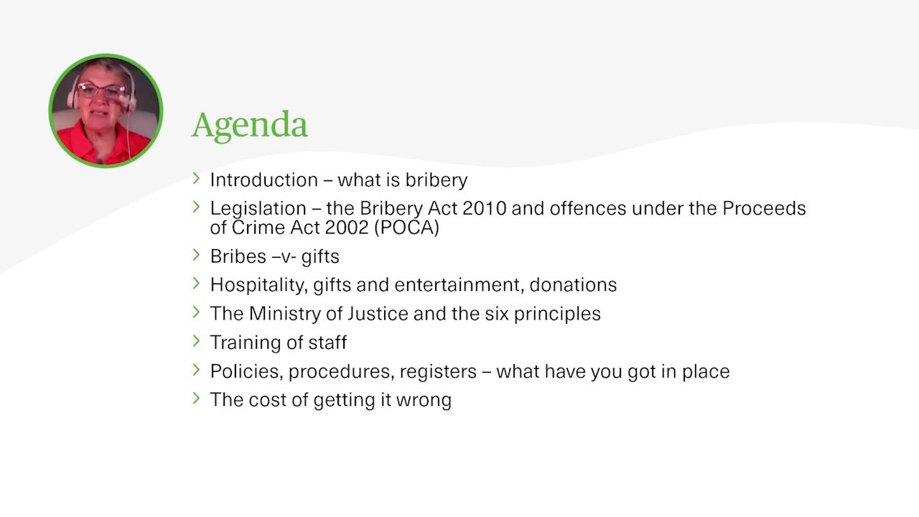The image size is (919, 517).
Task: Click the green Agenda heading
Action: click(x=250, y=126)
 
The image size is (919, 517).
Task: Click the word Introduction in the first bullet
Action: click(x=264, y=180)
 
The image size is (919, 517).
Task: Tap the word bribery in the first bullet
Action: click(x=436, y=180)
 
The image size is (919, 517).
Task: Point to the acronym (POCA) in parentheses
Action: click(x=406, y=228)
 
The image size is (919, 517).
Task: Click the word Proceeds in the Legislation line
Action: click(x=764, y=208)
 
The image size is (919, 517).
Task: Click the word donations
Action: click(x=573, y=285)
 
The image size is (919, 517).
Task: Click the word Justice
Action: click(x=378, y=314)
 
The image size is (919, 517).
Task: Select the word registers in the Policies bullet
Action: click(x=438, y=372)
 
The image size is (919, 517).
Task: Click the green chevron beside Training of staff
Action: click(x=196, y=341)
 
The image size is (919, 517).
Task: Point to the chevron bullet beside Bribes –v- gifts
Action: click(x=196, y=255)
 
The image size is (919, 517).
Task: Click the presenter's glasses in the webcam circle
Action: click(x=101, y=90)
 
